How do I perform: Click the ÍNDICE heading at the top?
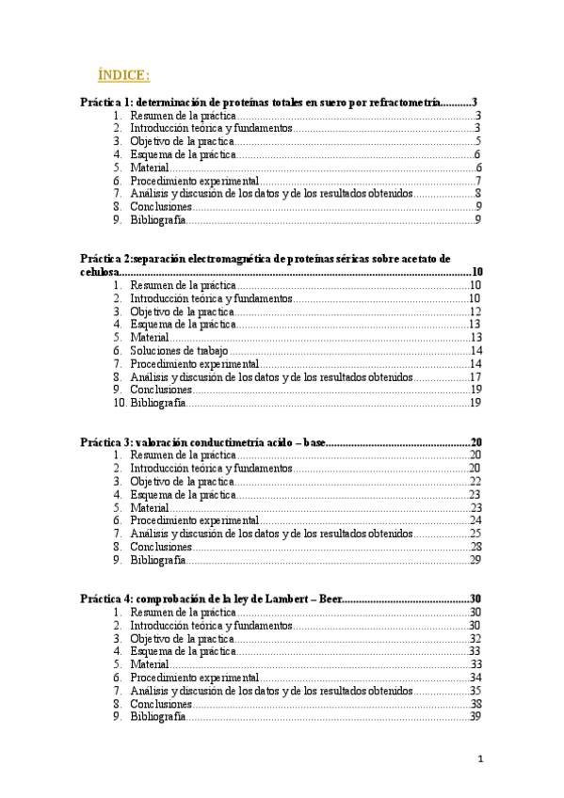[122, 74]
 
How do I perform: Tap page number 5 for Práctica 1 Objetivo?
[478, 141]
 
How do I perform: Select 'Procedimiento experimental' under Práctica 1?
[194, 181]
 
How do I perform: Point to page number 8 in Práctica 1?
[478, 194]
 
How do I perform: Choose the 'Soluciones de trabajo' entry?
[179, 350]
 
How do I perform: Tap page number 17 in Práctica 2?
[475, 376]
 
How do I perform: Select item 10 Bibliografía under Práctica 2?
[157, 403]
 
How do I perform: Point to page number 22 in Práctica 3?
[475, 481]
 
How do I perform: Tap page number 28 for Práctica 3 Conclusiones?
[475, 547]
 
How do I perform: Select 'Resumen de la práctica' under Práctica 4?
[183, 612]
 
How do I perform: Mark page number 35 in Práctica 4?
[475, 691]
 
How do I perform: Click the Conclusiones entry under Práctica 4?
[161, 704]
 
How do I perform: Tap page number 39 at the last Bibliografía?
[475, 717]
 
